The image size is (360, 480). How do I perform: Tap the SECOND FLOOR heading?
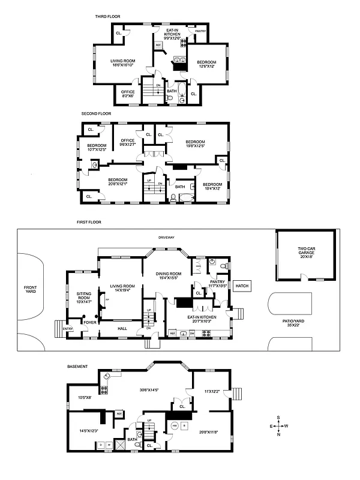point(96,113)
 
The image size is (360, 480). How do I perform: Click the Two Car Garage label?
point(310,251)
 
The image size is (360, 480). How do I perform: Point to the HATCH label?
point(242,286)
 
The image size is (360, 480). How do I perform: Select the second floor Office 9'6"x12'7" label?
point(127,143)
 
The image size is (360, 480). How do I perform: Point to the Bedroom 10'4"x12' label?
point(212,186)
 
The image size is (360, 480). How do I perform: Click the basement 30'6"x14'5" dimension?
point(148,390)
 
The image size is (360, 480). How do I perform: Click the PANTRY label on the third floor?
point(196,29)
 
